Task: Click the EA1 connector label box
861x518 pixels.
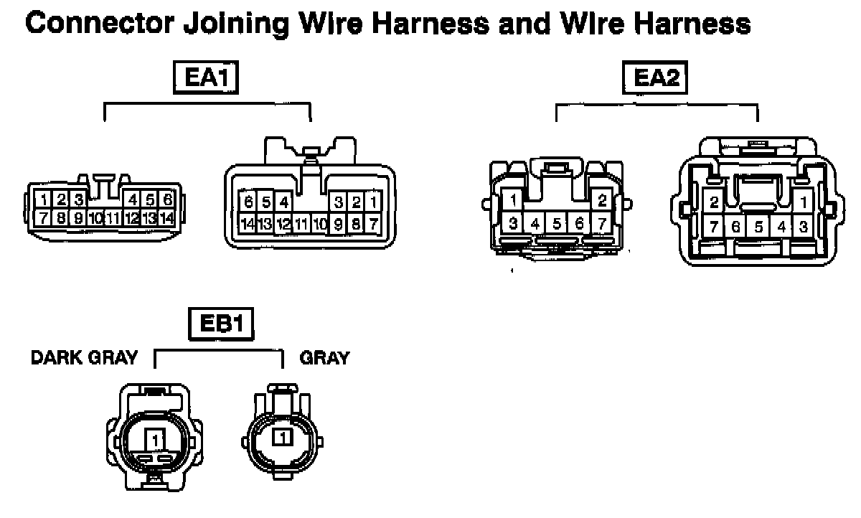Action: tap(206, 78)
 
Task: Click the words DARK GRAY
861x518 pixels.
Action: tap(84, 358)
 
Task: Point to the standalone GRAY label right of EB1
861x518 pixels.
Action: tap(324, 358)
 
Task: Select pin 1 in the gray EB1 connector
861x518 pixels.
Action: tap(283, 436)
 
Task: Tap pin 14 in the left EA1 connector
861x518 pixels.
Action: tap(166, 217)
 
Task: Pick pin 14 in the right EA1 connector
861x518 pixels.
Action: tap(248, 224)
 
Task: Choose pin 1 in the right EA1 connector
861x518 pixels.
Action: tap(373, 203)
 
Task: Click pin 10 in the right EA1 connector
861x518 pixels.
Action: tap(320, 224)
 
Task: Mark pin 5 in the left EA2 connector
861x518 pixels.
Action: tap(557, 223)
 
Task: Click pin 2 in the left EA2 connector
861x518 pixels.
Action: tap(602, 200)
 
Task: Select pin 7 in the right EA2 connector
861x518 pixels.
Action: tap(714, 227)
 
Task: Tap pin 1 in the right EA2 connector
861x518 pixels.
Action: tap(804, 203)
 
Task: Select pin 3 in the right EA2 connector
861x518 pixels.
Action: tap(804, 227)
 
